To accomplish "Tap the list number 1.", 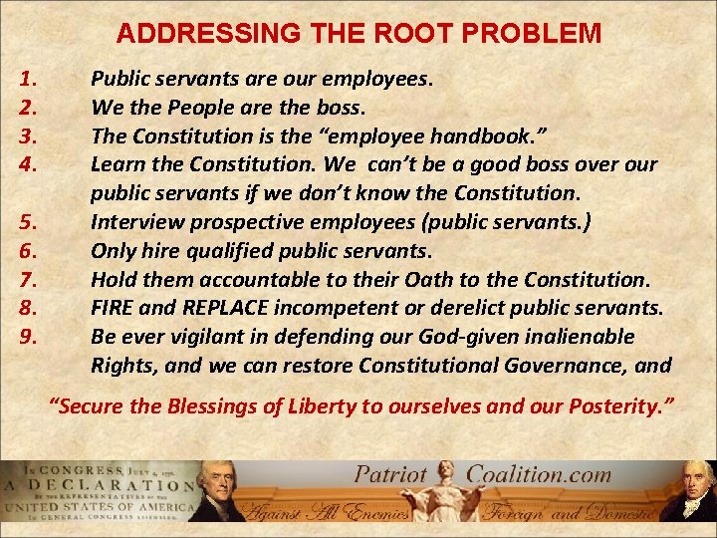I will click(x=28, y=78).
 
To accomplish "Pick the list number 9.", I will click(x=28, y=337).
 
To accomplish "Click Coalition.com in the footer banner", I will click(x=540, y=475).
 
